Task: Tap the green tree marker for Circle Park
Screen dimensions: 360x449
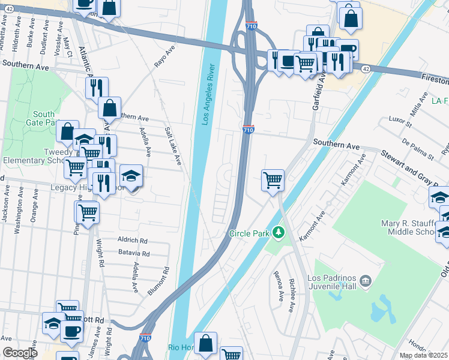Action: click(277, 232)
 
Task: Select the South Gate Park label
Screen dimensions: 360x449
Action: click(44, 118)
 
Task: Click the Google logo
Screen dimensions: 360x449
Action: click(20, 353)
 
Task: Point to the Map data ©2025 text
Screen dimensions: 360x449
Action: click(423, 355)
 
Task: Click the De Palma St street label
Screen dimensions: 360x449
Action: click(418, 149)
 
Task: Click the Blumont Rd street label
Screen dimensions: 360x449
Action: click(158, 281)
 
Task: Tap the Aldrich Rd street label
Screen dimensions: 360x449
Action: click(133, 239)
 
